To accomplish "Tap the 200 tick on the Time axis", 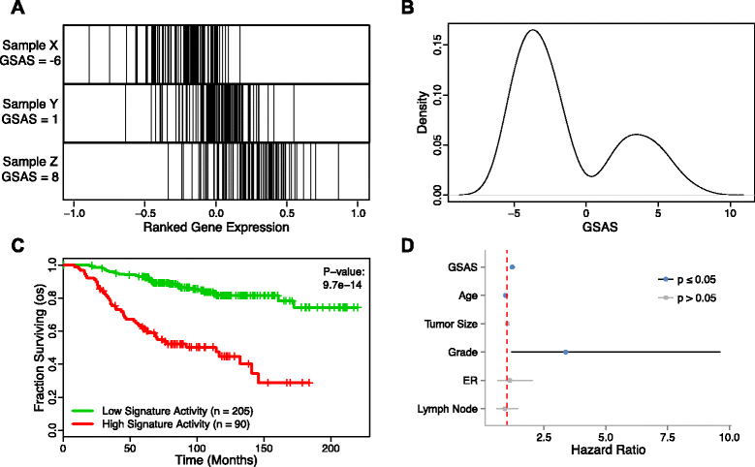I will click(330, 442).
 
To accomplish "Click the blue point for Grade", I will click(565, 352).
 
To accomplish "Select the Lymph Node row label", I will click(451, 409).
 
